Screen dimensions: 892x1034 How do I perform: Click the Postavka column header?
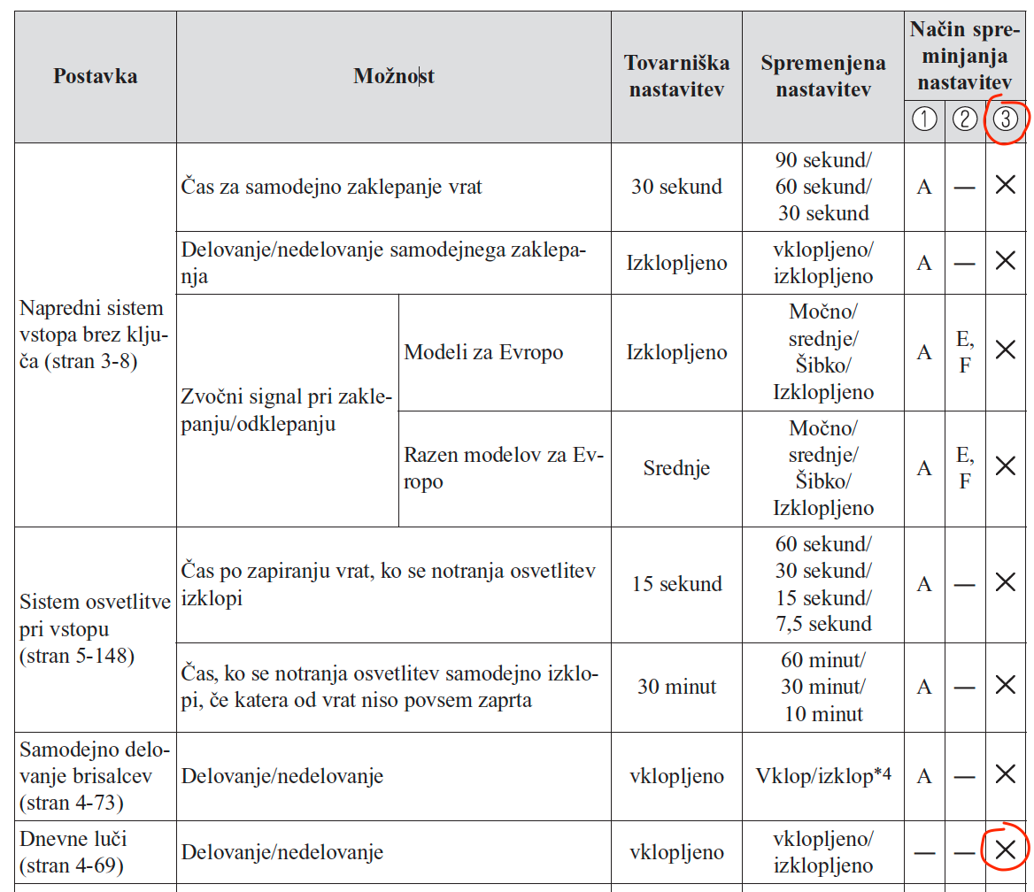(x=95, y=76)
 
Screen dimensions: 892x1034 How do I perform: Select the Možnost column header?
(x=393, y=76)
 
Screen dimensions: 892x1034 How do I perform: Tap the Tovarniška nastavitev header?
(x=676, y=76)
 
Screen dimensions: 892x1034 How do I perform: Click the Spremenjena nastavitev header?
(x=822, y=76)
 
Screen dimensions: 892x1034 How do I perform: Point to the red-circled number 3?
(x=1006, y=119)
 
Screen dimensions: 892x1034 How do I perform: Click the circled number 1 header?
(x=924, y=119)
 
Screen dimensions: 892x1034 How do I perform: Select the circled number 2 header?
(x=965, y=119)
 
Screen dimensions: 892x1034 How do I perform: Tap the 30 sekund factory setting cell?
(x=676, y=187)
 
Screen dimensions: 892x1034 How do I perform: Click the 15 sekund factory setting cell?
(x=676, y=584)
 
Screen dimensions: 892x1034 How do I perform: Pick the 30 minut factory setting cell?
(x=676, y=687)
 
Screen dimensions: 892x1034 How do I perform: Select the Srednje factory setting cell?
(x=676, y=469)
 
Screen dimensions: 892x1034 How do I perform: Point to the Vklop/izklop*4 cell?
(x=822, y=776)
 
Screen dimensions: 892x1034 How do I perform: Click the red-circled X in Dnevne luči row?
(x=1006, y=850)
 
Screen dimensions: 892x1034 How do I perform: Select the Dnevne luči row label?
(x=71, y=851)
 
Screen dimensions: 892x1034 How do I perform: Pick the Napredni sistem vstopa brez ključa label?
(x=92, y=334)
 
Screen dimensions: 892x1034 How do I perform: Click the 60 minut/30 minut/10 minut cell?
(x=822, y=687)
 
